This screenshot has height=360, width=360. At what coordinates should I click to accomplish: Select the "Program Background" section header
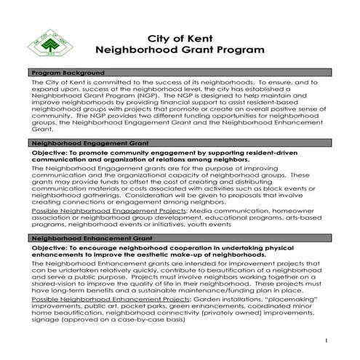65,74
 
